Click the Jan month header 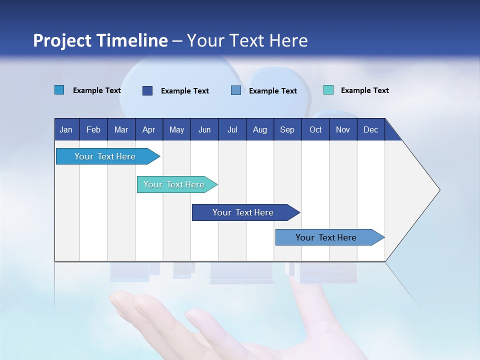66,129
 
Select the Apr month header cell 148,129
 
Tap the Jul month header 232,129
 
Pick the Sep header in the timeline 287,129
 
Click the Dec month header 370,129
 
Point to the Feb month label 93,129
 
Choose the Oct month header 315,129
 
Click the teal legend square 328,90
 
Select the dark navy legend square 147,90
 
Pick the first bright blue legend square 59,90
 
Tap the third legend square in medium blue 236,90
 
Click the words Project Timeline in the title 100,40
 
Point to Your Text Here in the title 247,40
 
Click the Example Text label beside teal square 364,90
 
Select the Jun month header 204,129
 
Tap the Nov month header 343,129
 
